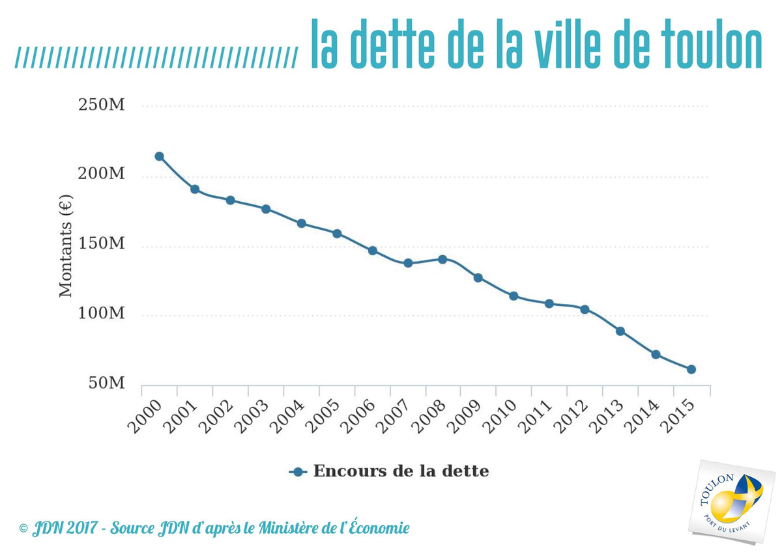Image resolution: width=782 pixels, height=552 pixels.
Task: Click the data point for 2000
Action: (159, 156)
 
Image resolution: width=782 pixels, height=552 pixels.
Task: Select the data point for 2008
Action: (442, 259)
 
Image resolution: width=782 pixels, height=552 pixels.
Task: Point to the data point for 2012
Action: (585, 309)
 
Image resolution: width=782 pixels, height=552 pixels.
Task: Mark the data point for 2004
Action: (301, 223)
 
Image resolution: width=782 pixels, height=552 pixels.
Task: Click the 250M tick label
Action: (102, 105)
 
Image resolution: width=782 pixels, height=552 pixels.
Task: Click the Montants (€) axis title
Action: (66, 247)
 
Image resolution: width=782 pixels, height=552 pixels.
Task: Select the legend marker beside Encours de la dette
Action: (298, 472)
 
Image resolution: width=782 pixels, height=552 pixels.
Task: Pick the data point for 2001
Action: (194, 189)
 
